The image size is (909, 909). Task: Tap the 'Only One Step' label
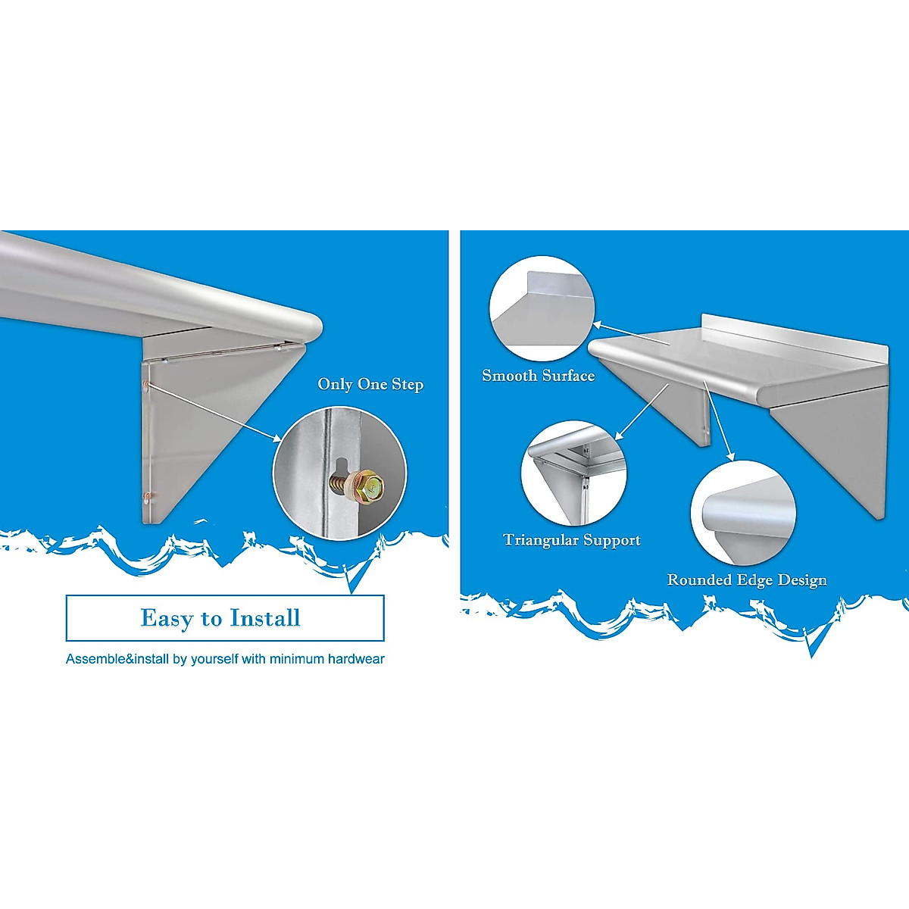click(370, 384)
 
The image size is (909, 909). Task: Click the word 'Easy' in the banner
click(167, 618)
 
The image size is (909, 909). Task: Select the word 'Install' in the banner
click(265, 618)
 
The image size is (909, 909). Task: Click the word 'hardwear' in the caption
click(356, 659)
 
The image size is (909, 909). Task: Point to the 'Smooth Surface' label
click(538, 376)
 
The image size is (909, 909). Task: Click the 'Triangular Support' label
click(572, 540)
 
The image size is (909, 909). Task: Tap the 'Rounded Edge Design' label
click(747, 580)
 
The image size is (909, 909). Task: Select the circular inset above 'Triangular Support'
click(573, 474)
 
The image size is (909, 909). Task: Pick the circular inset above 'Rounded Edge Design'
click(743, 513)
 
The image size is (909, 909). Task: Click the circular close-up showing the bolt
click(339, 473)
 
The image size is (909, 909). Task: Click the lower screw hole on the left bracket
click(148, 498)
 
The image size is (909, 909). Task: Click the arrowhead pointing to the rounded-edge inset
click(731, 455)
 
